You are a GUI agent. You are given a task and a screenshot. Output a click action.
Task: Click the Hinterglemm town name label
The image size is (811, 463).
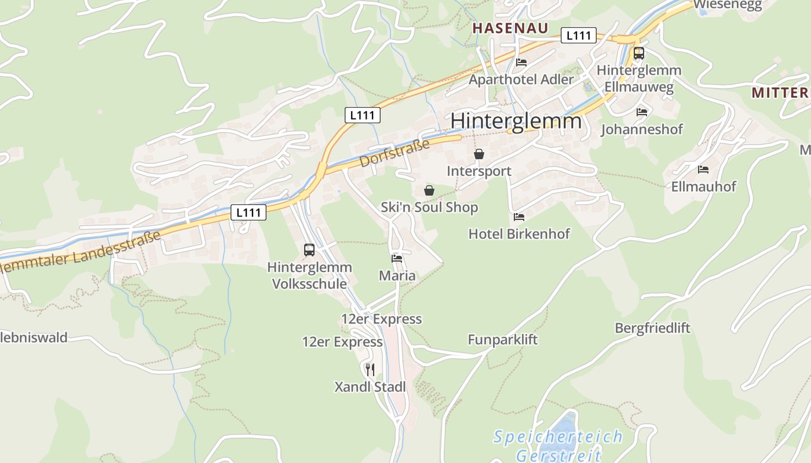pos(516,121)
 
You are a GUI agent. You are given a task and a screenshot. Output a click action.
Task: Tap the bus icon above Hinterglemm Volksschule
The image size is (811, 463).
pos(309,250)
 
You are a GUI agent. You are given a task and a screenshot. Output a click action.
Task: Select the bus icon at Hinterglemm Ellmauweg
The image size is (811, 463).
pos(638,53)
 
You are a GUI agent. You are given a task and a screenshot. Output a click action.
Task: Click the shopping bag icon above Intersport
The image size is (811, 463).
pos(479,154)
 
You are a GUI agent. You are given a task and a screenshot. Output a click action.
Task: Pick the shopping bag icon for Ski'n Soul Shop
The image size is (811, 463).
pos(429,190)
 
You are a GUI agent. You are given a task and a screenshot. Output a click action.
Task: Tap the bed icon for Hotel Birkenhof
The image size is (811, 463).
pos(519,217)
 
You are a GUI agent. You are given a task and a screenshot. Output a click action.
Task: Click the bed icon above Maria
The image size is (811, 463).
pos(397,258)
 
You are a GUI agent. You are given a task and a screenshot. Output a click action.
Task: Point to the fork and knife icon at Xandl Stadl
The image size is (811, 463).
pos(370,369)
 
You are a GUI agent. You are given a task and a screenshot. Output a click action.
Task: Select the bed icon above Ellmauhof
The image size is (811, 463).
pos(703,170)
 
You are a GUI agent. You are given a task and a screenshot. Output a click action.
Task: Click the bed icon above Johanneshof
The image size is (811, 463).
pos(642,112)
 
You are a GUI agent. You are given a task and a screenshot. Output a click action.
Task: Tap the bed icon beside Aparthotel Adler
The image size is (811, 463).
pos(521,63)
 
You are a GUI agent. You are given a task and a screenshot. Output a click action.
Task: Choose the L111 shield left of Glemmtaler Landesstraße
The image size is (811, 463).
pos(249,212)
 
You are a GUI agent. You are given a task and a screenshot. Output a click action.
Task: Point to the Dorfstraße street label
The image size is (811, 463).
pos(394,153)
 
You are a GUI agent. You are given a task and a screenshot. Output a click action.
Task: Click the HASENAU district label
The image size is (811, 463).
pos(510,28)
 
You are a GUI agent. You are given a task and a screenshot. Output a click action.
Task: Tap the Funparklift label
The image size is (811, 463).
pos(503,340)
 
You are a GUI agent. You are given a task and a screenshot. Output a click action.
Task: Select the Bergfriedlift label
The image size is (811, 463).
pos(652,328)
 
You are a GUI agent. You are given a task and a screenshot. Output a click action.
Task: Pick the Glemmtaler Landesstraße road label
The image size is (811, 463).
pos(81,252)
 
